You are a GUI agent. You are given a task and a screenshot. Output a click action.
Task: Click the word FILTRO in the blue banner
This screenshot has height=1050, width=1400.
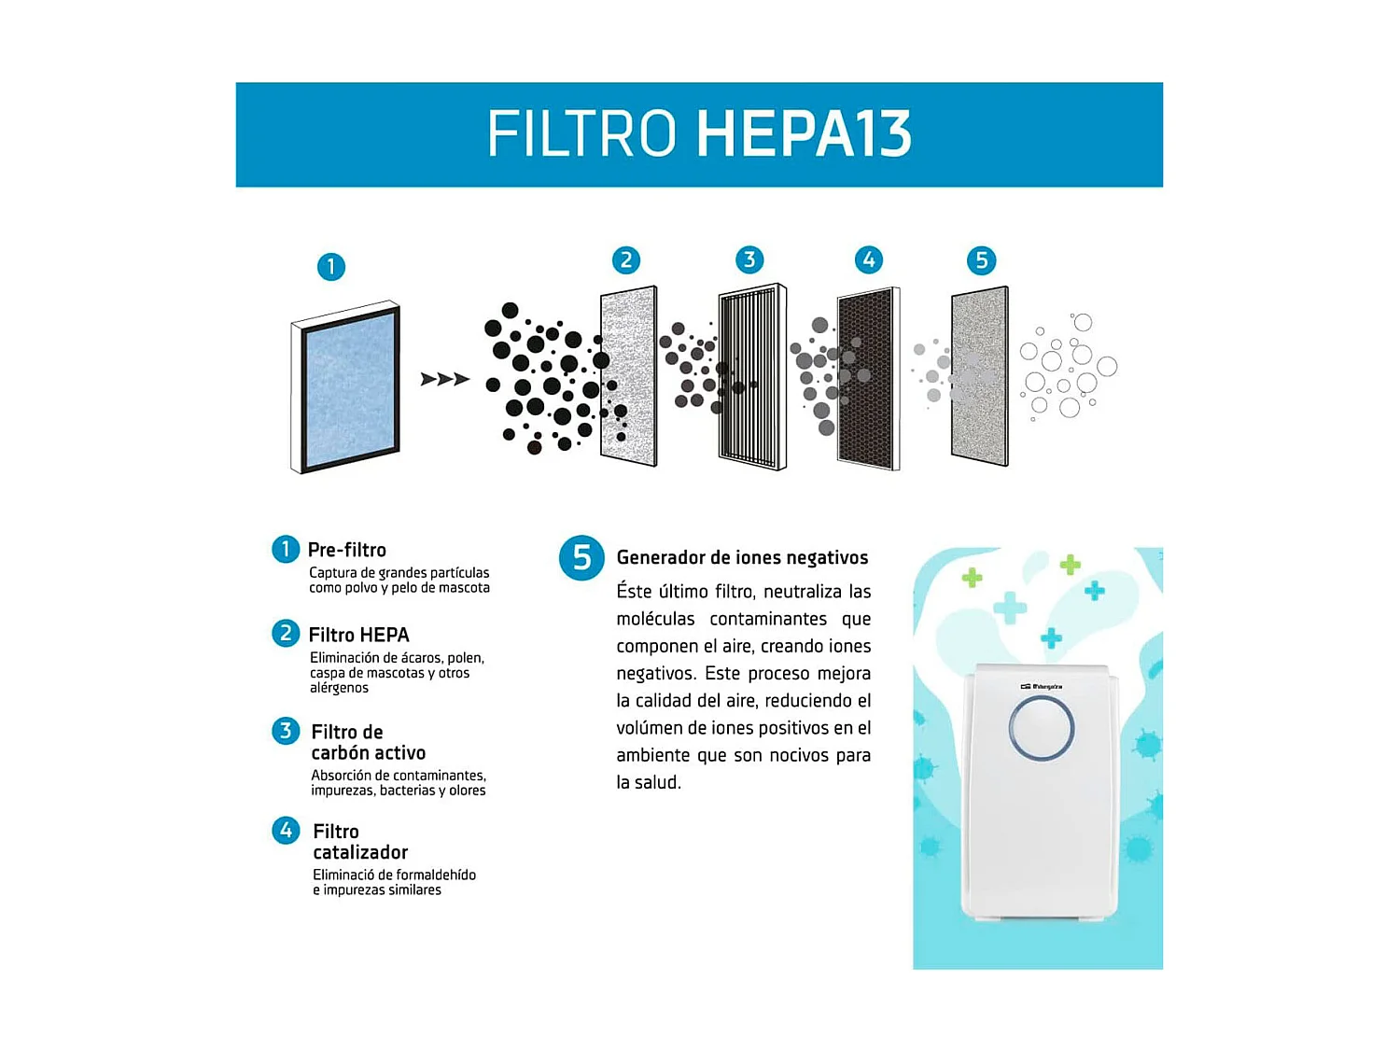coord(581,134)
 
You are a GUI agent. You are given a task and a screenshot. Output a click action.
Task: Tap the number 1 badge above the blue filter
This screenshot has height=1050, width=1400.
coord(330,267)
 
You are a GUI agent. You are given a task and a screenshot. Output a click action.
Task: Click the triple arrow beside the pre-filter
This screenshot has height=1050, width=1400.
coord(444,379)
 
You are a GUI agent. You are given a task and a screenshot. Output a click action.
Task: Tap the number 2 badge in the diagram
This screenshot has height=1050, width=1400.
coord(626,260)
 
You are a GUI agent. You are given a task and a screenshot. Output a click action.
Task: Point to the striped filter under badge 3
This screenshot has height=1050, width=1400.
coord(751,376)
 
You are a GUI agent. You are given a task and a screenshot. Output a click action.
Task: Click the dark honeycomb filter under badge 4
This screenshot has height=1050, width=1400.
coord(868,378)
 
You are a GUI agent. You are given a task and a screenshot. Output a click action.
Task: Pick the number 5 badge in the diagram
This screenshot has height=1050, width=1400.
coord(981,260)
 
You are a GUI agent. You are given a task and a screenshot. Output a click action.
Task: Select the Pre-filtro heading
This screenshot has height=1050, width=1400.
coord(346,550)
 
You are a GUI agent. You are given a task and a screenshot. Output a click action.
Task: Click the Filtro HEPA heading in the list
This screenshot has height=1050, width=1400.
coord(358,635)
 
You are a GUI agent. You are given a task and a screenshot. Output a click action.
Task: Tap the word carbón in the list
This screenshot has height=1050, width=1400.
coord(337,753)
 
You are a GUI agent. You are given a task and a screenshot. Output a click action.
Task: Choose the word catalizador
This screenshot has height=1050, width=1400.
coord(360,852)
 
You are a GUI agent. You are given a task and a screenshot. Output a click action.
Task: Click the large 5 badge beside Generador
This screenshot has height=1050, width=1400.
coord(581,558)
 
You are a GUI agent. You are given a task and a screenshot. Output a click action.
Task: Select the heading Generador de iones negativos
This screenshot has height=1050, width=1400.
coord(742,558)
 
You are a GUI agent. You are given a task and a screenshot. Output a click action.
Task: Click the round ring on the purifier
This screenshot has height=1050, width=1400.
coord(1041,729)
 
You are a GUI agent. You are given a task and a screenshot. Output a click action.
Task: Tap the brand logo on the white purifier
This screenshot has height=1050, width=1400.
coord(1041,687)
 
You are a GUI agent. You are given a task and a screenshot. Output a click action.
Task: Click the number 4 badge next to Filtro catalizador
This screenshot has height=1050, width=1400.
coord(286,831)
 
